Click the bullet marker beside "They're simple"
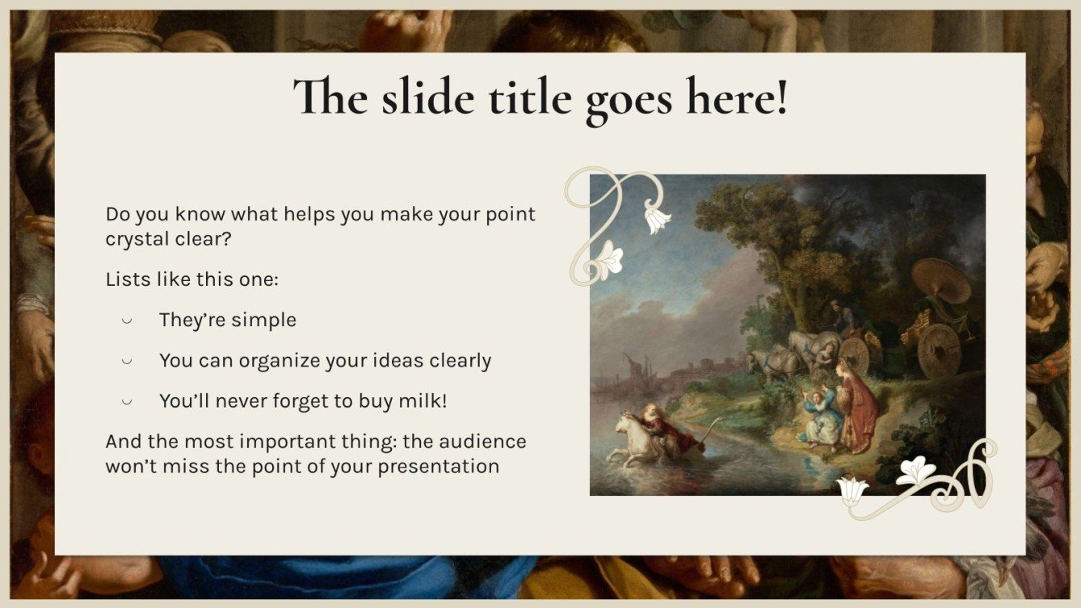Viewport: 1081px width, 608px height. (127, 321)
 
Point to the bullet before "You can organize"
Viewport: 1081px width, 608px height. (127, 361)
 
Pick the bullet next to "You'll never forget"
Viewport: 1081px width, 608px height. (127, 401)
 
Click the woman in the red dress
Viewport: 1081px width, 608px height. (857, 404)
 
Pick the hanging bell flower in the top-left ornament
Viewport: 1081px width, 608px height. (656, 219)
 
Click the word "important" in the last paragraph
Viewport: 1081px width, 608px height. (311, 442)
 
